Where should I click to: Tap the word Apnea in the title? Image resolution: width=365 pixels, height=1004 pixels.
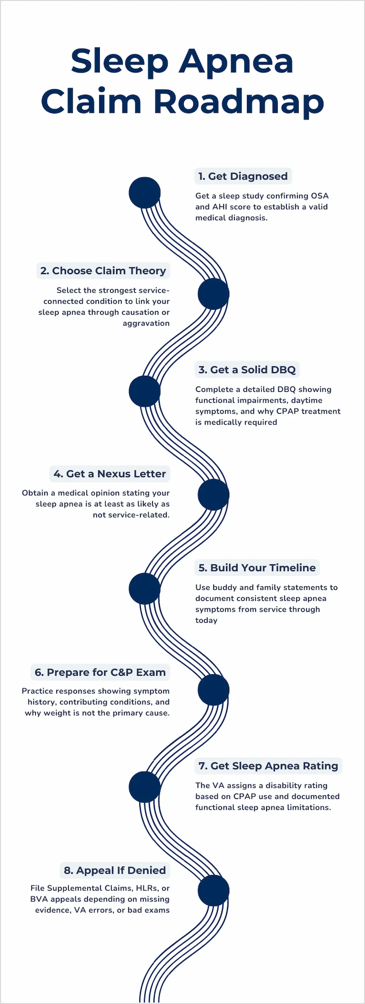coord(236,61)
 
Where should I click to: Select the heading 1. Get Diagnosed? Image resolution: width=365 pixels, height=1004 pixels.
coord(243,176)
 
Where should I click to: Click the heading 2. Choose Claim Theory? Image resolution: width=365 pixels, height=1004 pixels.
coord(103,270)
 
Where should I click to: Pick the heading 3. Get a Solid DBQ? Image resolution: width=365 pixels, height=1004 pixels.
coord(247,369)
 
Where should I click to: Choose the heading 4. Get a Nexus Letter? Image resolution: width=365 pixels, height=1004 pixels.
coord(110,473)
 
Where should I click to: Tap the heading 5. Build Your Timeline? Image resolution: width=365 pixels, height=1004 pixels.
coord(257,567)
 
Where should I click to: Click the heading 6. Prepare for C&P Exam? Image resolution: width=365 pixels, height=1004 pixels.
coord(100,672)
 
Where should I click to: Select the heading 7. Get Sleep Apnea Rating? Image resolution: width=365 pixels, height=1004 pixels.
coord(268,765)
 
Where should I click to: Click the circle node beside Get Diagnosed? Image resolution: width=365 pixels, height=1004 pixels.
coord(144,193)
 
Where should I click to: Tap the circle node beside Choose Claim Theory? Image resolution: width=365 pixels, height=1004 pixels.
coord(214,294)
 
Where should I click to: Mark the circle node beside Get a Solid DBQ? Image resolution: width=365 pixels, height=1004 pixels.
coord(144,391)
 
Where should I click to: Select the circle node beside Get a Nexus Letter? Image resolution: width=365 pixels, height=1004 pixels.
coord(214,495)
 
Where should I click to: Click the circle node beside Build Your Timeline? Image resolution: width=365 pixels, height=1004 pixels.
coord(144,588)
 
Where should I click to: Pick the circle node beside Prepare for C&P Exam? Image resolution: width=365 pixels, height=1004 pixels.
coord(214,690)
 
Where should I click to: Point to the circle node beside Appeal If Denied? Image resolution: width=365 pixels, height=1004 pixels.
coord(214,891)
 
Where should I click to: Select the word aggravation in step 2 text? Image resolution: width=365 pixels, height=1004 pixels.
coord(146,323)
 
